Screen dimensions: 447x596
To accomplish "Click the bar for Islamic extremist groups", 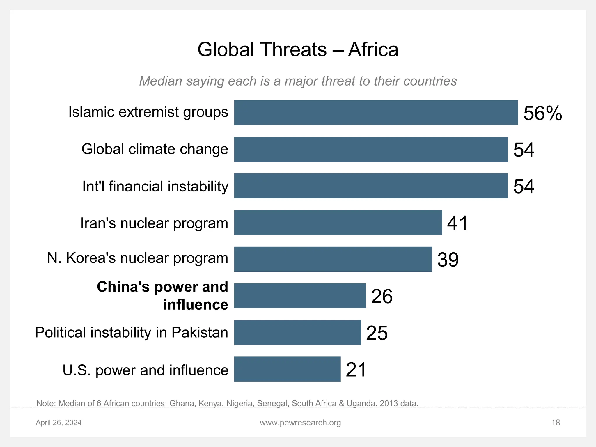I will [376, 113].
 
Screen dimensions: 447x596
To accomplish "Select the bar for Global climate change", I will [371, 149].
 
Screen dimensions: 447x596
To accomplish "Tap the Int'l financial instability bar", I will [371, 186].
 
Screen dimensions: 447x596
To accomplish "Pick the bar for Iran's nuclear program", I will [338, 223].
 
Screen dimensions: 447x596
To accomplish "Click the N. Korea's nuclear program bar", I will [333, 259].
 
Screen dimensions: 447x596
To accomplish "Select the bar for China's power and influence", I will [300, 296].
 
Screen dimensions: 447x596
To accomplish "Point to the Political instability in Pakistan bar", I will [297, 332].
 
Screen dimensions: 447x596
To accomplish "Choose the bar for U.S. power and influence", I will [287, 369].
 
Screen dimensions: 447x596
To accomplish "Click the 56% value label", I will [542, 113].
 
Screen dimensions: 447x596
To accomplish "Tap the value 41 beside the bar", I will [457, 223].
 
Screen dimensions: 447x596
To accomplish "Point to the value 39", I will [448, 260].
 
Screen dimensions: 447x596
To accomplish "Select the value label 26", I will [382, 296].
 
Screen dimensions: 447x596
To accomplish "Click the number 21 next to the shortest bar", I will [356, 370].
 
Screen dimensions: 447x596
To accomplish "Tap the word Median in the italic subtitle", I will [161, 81].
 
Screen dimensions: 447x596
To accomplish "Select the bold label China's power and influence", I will [162, 296].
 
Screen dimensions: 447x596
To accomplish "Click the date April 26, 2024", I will [58, 423].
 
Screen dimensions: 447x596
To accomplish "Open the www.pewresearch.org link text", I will [300, 423].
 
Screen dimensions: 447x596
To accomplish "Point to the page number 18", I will [556, 423].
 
